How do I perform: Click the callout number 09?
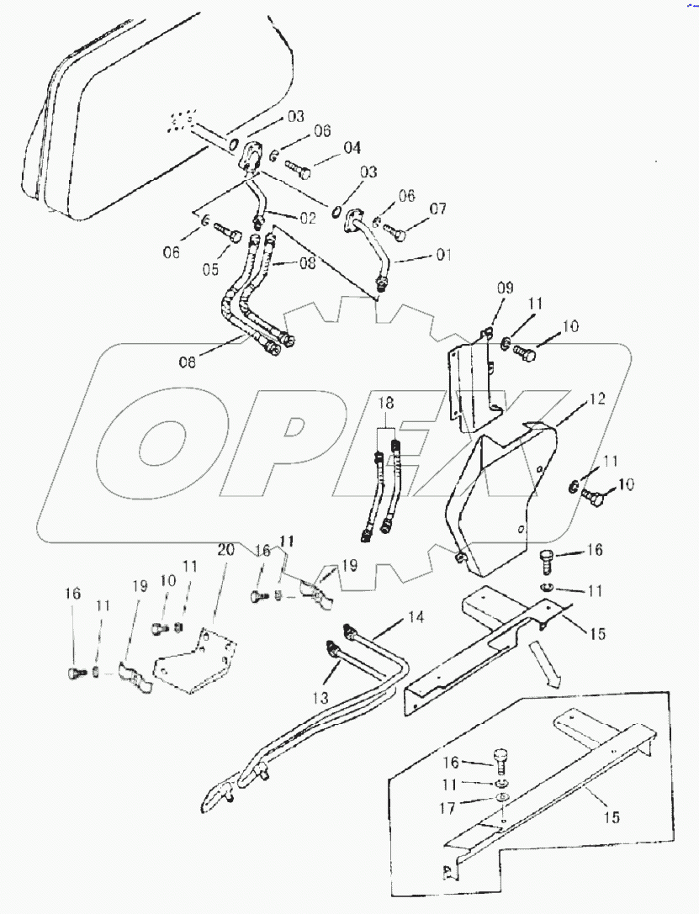point(504,288)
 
